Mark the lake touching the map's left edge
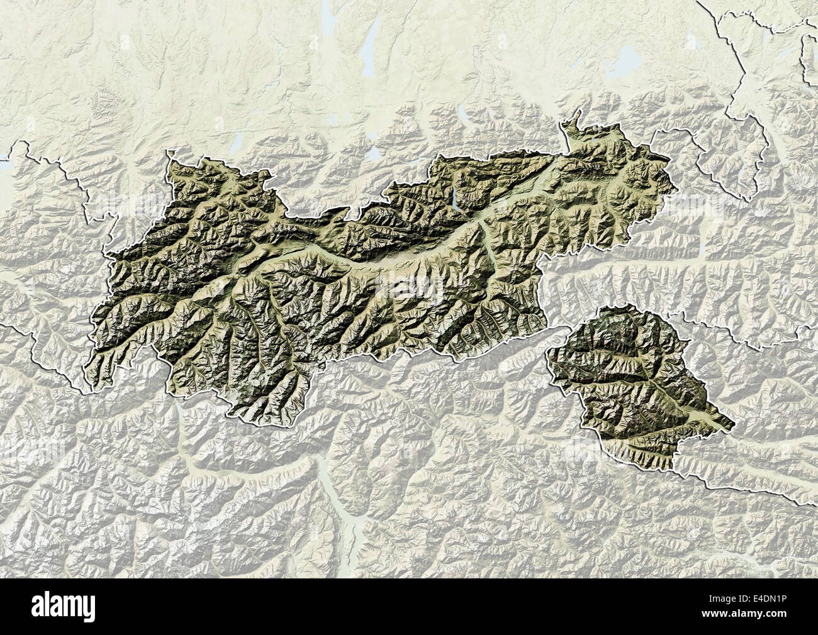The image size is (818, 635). click(x=3, y=165)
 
